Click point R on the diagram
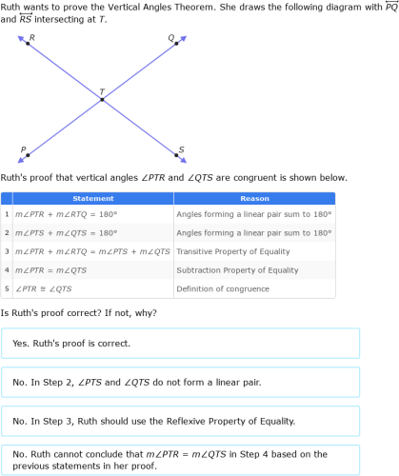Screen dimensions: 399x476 [x=28, y=44]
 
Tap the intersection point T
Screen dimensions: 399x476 [x=102, y=98]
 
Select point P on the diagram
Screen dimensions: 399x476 [x=28, y=154]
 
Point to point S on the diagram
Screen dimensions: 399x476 [x=176, y=154]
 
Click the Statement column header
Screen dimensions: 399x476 [x=93, y=199]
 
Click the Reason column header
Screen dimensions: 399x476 [x=254, y=199]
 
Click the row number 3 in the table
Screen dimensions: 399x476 [x=6, y=251]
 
